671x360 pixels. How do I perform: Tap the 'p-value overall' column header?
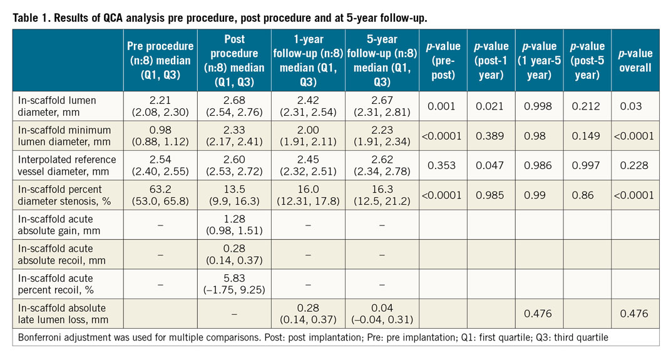(636, 59)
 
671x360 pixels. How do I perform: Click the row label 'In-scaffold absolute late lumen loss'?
(58, 314)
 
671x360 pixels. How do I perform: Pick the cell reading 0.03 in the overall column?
(636, 106)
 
